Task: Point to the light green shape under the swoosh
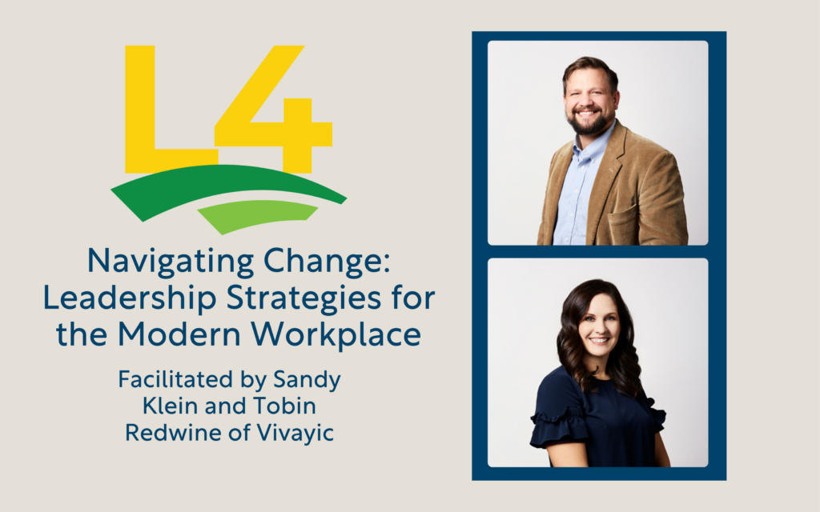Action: coord(256,214)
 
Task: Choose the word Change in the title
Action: coord(327,262)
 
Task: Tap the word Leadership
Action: coord(129,298)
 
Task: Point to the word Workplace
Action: coord(336,335)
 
